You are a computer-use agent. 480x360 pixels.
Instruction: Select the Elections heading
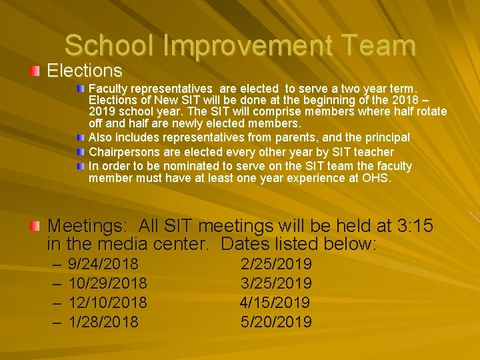pyautogui.click(x=85, y=71)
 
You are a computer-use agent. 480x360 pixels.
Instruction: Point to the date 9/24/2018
pyautogui.click(x=103, y=264)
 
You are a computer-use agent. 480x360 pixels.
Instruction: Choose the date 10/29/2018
pyautogui.click(x=108, y=283)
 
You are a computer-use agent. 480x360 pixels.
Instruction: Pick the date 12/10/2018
pyautogui.click(x=108, y=303)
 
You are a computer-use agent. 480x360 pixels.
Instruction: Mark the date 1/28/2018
pyautogui.click(x=103, y=322)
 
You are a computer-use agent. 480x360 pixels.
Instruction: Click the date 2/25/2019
pyautogui.click(x=276, y=264)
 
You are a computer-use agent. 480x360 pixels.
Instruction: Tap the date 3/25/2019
pyautogui.click(x=276, y=283)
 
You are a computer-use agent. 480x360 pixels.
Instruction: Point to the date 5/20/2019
pyautogui.click(x=276, y=322)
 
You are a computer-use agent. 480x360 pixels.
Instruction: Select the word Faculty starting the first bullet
pyautogui.click(x=108, y=88)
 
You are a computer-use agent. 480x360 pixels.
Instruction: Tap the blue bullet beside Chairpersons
pyautogui.click(x=81, y=151)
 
